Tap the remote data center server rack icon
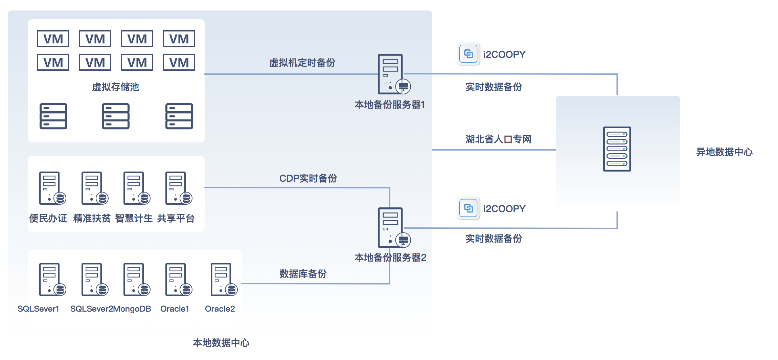pos(617,149)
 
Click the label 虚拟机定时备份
pos(302,63)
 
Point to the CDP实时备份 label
pos(308,178)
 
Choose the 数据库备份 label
pos(303,274)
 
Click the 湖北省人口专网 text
pos(498,139)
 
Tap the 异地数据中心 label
pos(724,152)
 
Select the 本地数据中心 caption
pos(221,343)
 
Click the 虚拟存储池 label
pos(115,87)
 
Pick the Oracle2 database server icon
pos(224,279)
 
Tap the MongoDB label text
pos(132,309)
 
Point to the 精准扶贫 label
pos(92,218)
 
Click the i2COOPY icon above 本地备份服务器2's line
pos(468,208)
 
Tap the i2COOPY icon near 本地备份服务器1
pos(468,54)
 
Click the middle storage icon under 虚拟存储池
pos(115,116)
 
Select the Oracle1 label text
pos(175,309)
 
